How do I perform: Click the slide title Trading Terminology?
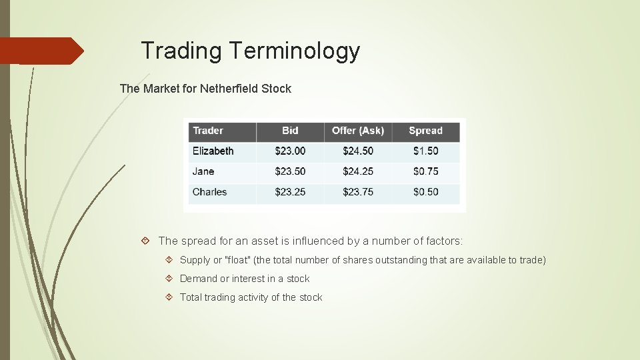(x=250, y=51)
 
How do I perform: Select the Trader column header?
(x=208, y=131)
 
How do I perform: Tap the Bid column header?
(x=290, y=131)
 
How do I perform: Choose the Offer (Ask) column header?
(x=358, y=131)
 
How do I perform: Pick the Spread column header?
(x=425, y=131)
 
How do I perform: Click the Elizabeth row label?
(x=213, y=151)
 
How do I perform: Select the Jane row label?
(x=203, y=171)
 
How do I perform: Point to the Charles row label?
(x=209, y=192)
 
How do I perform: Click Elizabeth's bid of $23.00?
(x=290, y=151)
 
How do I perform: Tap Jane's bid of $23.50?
(x=290, y=171)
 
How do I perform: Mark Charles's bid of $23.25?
(x=290, y=192)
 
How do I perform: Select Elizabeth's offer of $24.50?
(x=358, y=151)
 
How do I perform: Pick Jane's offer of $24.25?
(x=358, y=171)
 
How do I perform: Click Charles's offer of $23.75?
(x=358, y=192)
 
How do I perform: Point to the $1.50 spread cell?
(x=425, y=151)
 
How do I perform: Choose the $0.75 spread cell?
(x=425, y=171)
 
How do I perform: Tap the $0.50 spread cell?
(x=425, y=192)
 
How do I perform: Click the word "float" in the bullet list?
(x=238, y=260)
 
